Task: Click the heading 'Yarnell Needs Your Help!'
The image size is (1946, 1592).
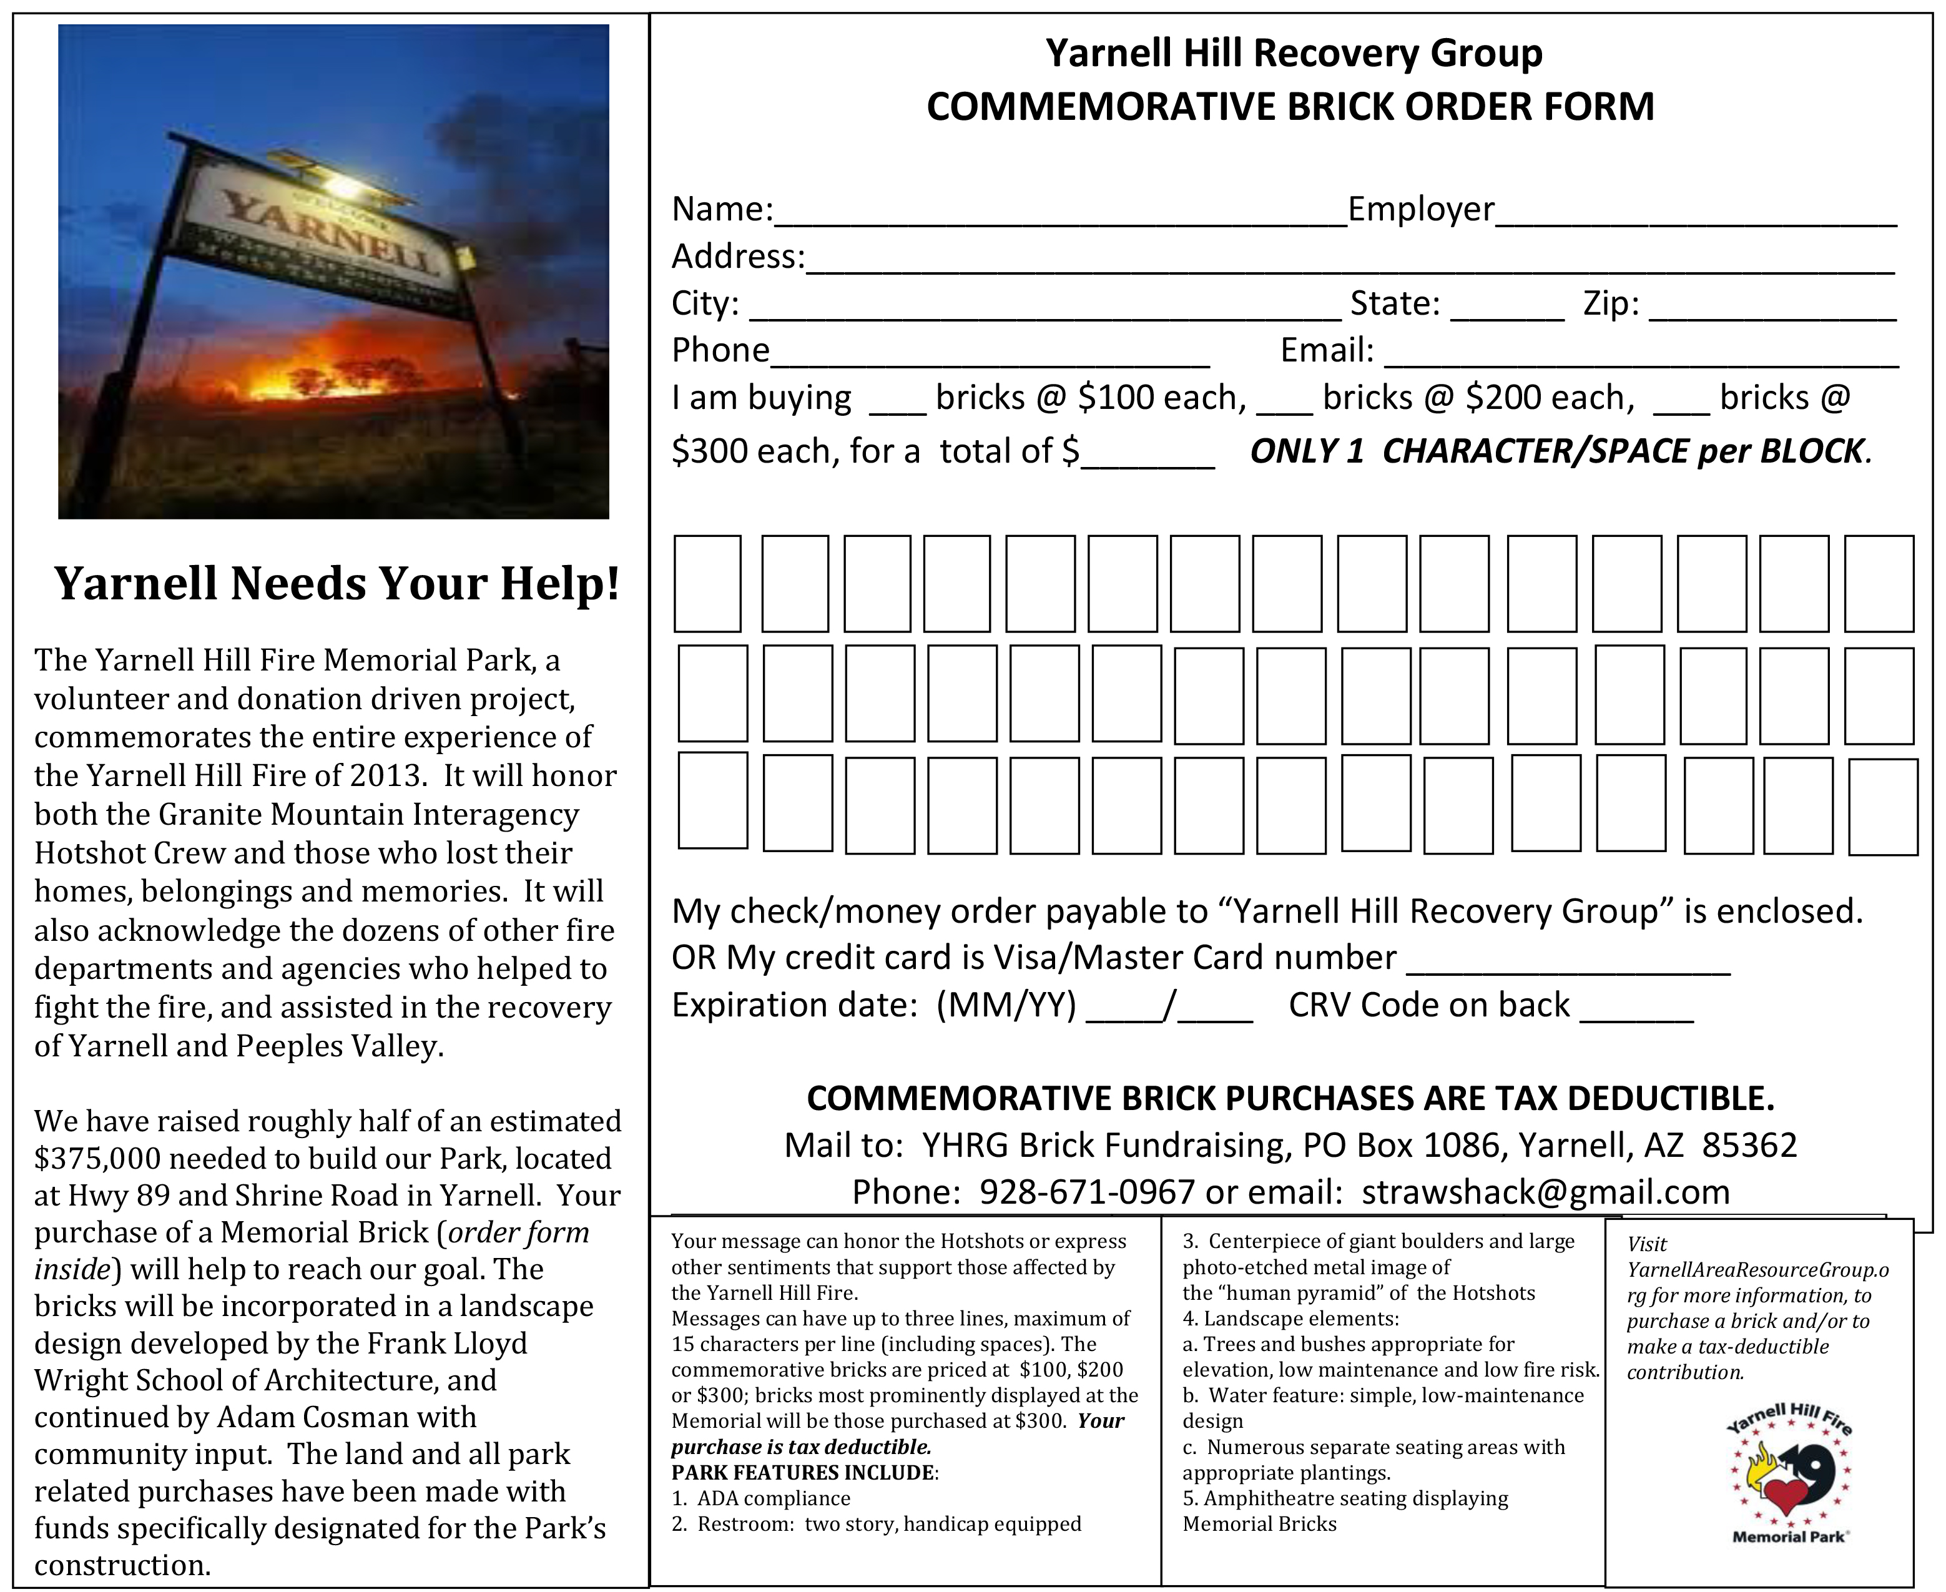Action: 337,583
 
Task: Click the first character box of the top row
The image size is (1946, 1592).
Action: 707,584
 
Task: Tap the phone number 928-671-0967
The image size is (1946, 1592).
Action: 1087,1192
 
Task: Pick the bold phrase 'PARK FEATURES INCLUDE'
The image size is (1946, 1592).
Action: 803,1473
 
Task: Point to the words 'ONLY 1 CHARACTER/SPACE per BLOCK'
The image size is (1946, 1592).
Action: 1558,451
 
